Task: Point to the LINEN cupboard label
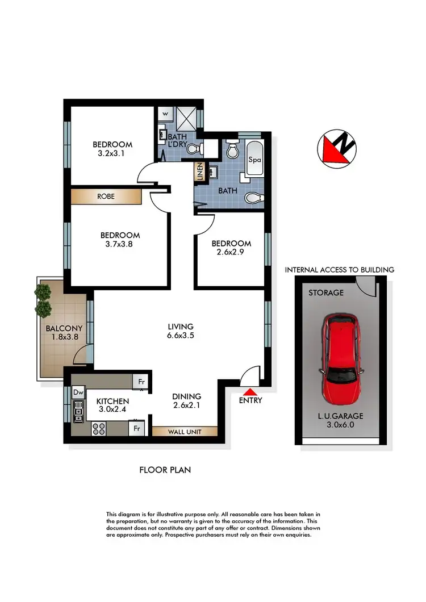pos(200,172)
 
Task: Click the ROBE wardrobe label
pos(106,197)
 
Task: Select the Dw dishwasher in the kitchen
pos(78,392)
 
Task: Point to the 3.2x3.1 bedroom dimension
pos(112,153)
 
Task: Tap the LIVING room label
pos(181,327)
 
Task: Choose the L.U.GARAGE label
pos(341,416)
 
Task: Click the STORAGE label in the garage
pos(326,293)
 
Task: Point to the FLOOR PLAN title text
pos(165,470)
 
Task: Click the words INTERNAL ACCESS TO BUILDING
pos(339,270)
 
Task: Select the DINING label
pos(186,396)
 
